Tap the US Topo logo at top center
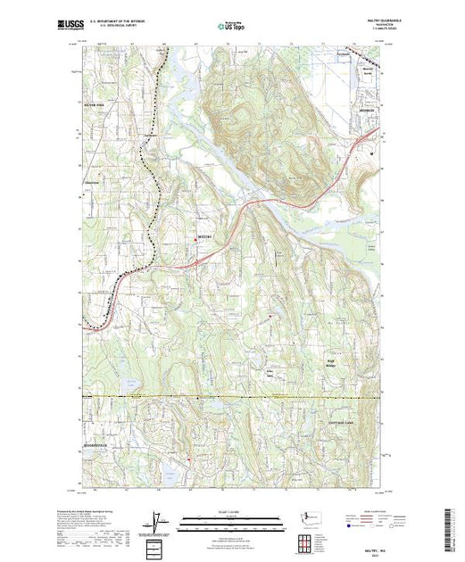coord(231,26)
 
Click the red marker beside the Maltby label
coord(196,237)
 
